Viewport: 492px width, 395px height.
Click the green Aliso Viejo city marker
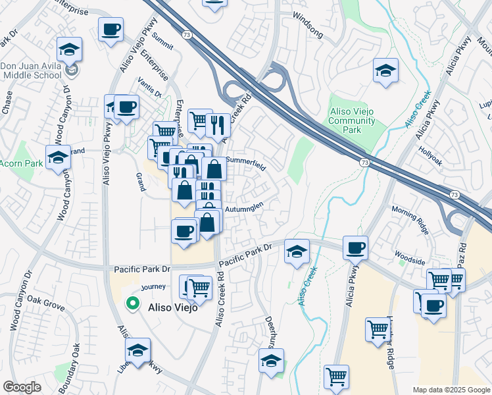(x=133, y=303)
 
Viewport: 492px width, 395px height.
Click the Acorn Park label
(x=21, y=163)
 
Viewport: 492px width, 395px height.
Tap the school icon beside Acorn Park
(x=58, y=159)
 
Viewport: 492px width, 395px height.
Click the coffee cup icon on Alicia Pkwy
(x=355, y=248)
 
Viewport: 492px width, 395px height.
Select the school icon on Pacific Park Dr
(x=297, y=251)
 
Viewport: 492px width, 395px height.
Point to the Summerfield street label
(x=246, y=163)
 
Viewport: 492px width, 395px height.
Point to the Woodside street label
(x=409, y=257)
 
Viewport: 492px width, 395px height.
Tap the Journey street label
(x=153, y=286)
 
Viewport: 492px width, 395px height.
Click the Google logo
(x=22, y=387)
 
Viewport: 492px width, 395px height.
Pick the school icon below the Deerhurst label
(x=271, y=361)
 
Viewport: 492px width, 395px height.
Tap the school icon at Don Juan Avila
(x=68, y=49)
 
